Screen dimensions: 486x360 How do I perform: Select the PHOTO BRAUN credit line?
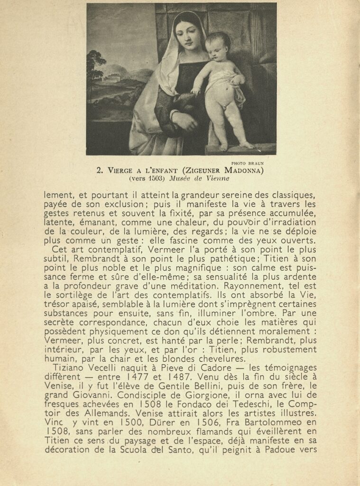[x=247, y=163]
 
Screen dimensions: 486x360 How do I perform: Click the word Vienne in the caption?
[x=218, y=179]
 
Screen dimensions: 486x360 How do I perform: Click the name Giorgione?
[x=148, y=395]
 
